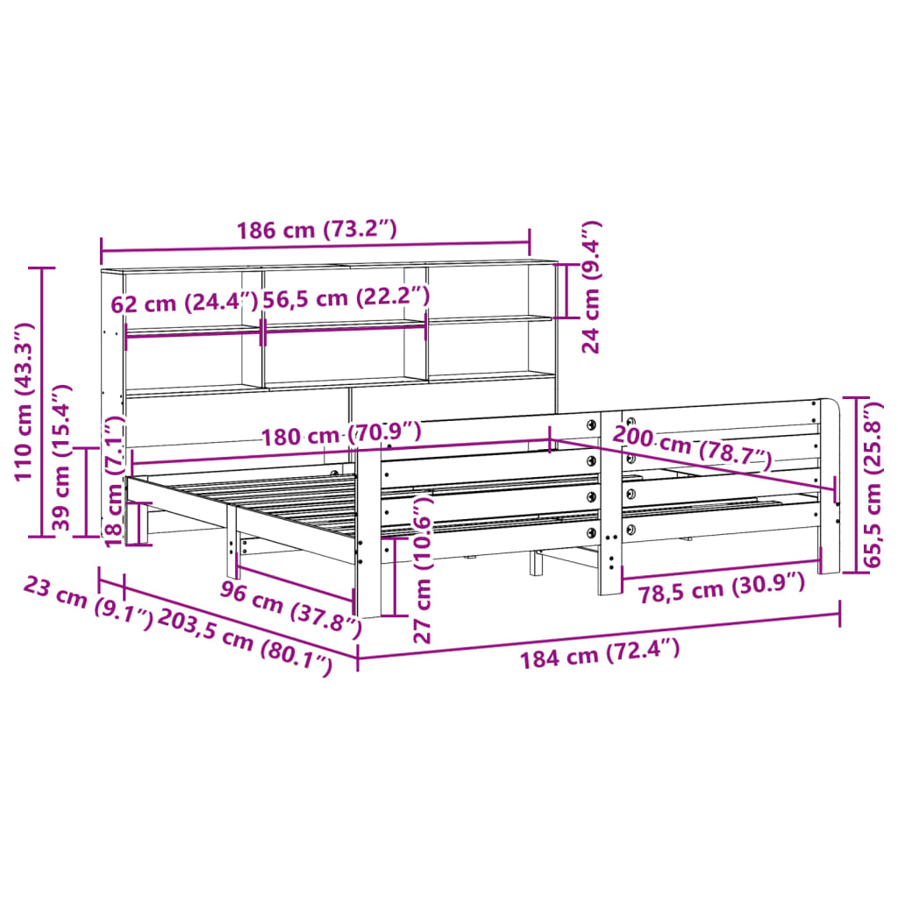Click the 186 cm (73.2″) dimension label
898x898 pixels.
tap(317, 231)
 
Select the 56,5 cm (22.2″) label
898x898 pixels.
tap(346, 297)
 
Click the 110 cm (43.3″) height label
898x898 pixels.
tap(24, 401)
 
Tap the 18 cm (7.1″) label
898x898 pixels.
tap(114, 482)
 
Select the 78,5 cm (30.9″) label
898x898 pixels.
tap(721, 586)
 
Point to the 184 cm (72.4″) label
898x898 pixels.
tap(600, 654)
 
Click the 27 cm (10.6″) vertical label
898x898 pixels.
tap(424, 569)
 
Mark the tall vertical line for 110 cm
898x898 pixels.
tap(42, 401)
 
